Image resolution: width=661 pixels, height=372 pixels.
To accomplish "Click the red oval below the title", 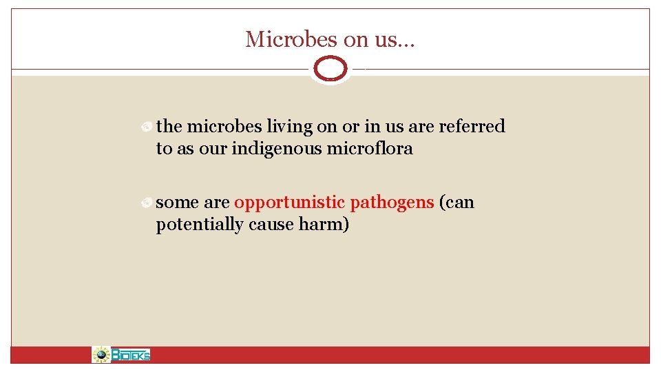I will [x=330, y=69].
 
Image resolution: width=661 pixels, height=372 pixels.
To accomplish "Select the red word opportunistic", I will [x=289, y=203].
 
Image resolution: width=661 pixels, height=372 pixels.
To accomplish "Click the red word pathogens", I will [x=392, y=203].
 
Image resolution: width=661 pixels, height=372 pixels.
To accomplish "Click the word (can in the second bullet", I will [x=457, y=203].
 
